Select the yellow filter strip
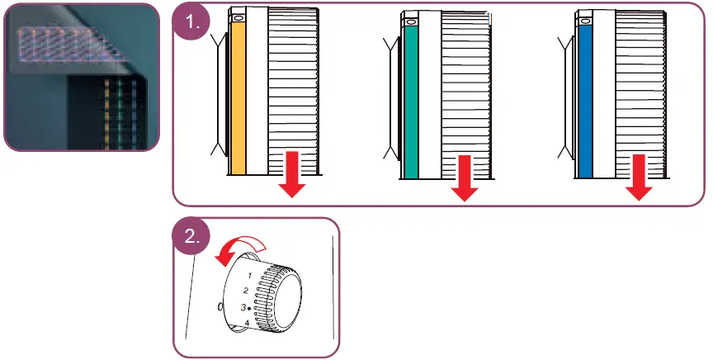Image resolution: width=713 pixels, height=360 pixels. pyautogui.click(x=238, y=99)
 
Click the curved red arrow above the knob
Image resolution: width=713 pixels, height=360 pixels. pyautogui.click(x=238, y=249)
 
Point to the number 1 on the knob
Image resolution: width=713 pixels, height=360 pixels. pyautogui.click(x=250, y=273)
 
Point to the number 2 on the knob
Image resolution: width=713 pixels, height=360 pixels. pyautogui.click(x=245, y=290)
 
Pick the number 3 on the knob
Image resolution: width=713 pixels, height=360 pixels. pyautogui.click(x=243, y=307)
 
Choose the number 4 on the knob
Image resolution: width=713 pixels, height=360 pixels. pyautogui.click(x=247, y=322)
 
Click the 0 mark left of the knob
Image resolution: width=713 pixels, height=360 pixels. pyautogui.click(x=220, y=306)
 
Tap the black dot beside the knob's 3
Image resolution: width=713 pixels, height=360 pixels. pyautogui.click(x=249, y=308)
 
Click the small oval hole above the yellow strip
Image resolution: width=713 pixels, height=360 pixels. pyautogui.click(x=238, y=17)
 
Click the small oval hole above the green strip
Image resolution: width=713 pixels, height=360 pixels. pyautogui.click(x=411, y=17)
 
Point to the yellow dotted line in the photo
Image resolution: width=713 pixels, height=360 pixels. pyautogui.click(x=106, y=111)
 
